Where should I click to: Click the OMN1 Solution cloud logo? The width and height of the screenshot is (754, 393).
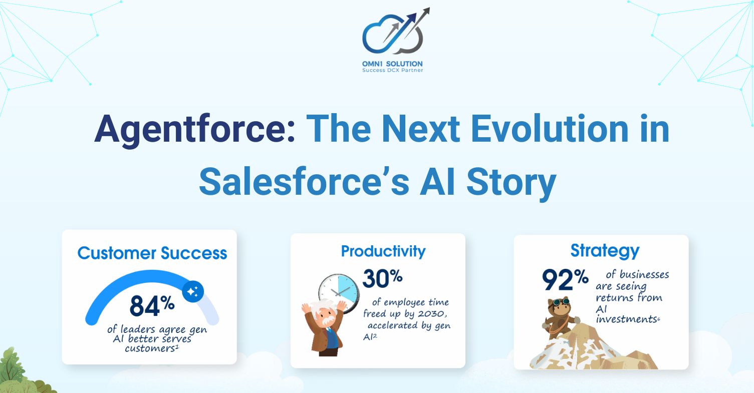tap(393, 33)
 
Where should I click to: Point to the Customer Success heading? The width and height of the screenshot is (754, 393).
tap(152, 253)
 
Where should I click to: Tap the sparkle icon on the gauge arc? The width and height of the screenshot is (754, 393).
tap(193, 291)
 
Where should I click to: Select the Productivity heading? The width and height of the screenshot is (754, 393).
tap(383, 251)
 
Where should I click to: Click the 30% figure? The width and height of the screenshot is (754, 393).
tap(382, 279)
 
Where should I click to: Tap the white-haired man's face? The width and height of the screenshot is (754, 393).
tap(328, 319)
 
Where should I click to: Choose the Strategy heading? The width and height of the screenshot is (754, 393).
tap(605, 250)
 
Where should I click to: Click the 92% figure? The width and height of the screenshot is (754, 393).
tap(565, 280)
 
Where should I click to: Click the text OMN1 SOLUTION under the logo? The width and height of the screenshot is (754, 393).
tap(393, 64)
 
